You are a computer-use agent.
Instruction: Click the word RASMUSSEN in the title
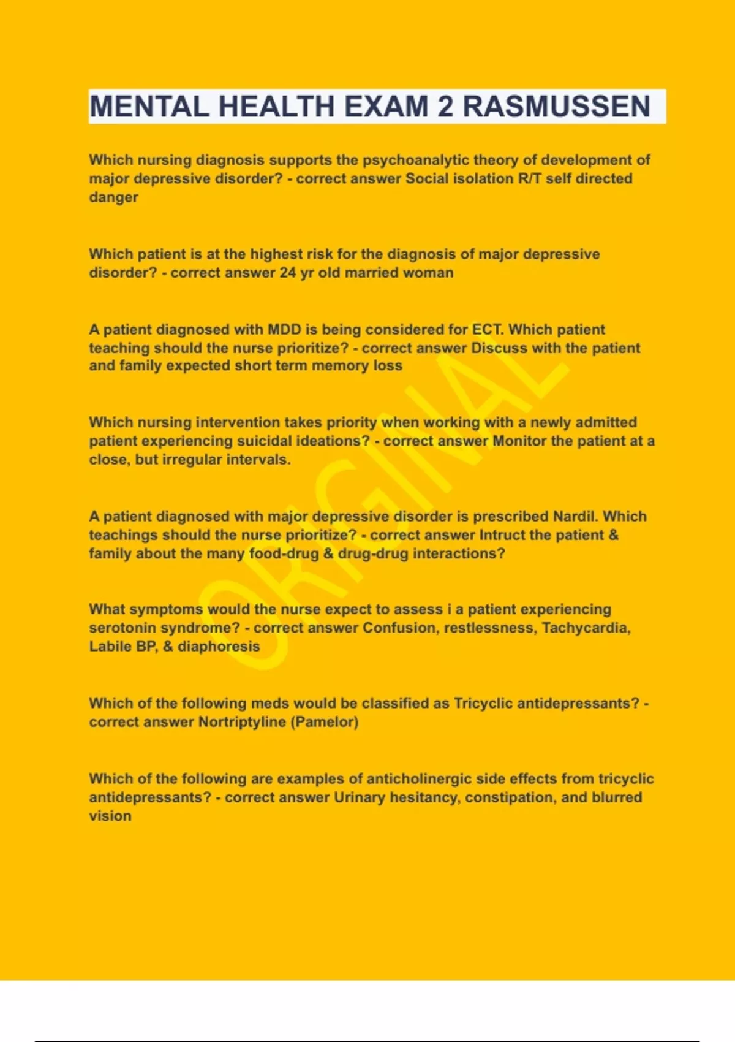pyautogui.click(x=556, y=107)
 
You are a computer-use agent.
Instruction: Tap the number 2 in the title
pyautogui.click(x=445, y=107)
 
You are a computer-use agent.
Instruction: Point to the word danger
pyautogui.click(x=113, y=197)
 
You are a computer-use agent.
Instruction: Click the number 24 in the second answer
pyautogui.click(x=288, y=273)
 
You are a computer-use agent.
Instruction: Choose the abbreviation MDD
pyautogui.click(x=284, y=330)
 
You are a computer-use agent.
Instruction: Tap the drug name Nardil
pyautogui.click(x=576, y=517)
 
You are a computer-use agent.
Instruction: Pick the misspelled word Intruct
pyautogui.click(x=502, y=535)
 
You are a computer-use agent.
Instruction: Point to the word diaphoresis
pyautogui.click(x=219, y=647)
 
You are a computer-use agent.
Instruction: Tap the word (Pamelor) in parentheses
pyautogui.click(x=325, y=722)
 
